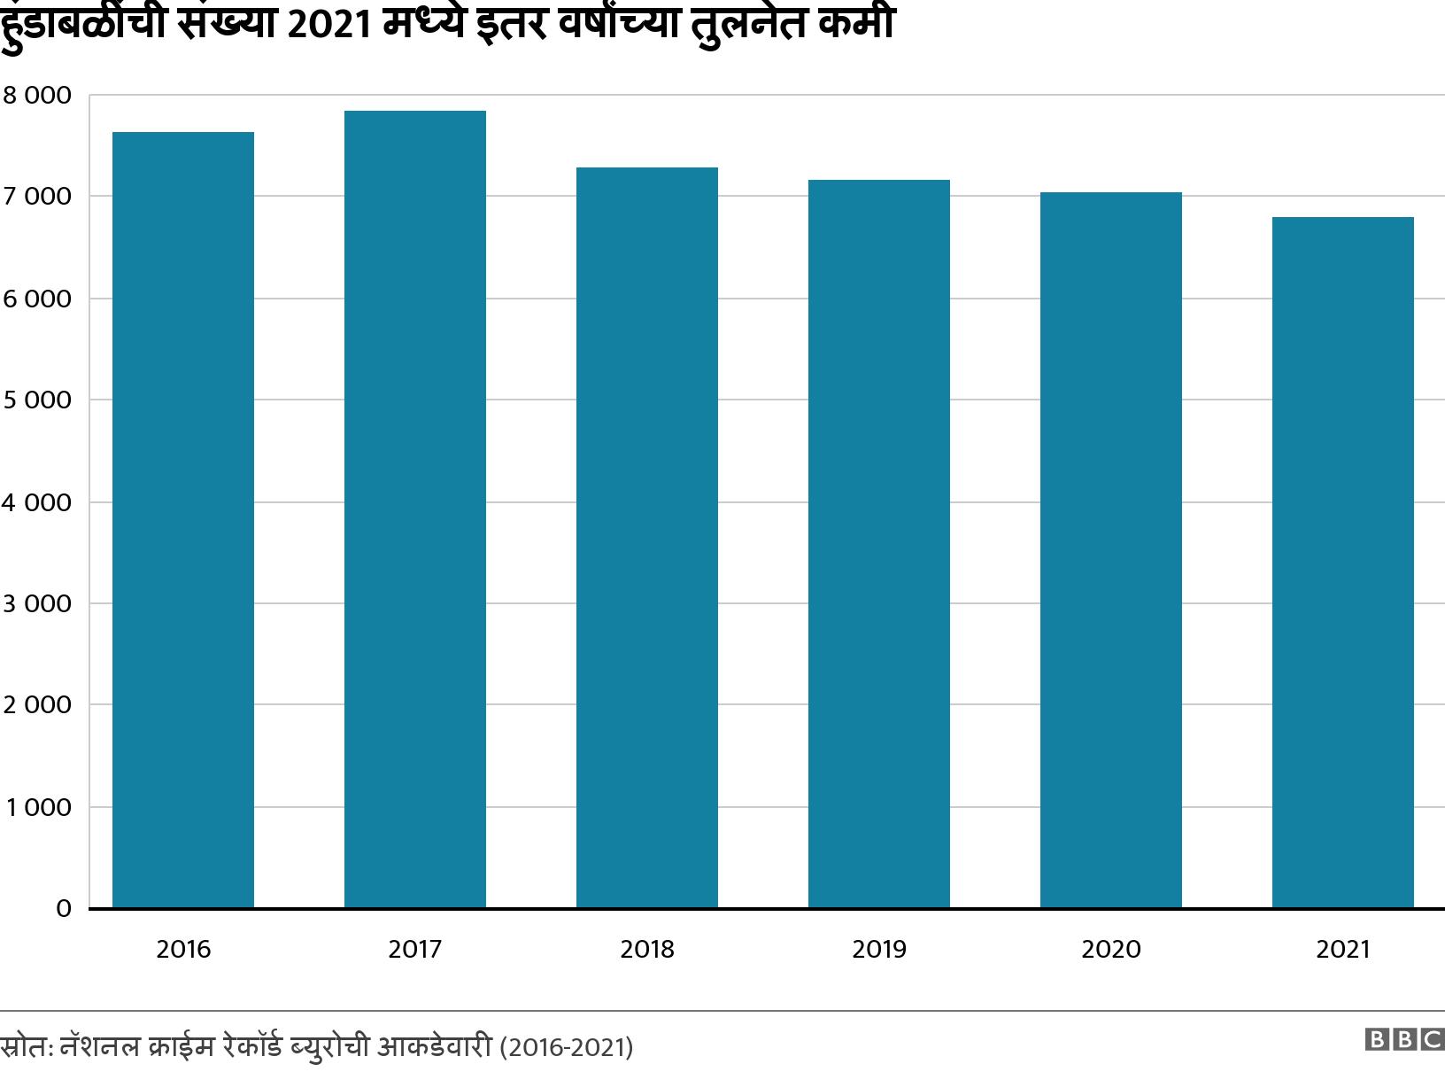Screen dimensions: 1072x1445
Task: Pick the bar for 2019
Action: click(x=879, y=544)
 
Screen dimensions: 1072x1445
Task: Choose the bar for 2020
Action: click(x=1111, y=550)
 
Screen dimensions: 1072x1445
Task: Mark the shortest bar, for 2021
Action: click(x=1343, y=563)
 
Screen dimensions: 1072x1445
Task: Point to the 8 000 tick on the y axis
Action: click(x=36, y=95)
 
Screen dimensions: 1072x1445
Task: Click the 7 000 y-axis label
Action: click(x=36, y=197)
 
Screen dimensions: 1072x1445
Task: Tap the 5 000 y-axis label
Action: click(x=36, y=400)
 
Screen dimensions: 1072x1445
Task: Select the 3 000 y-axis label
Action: click(x=36, y=604)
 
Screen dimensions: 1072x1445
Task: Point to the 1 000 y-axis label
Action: click(x=36, y=808)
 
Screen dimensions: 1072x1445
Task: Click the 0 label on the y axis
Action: click(x=63, y=909)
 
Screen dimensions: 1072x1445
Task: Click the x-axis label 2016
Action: click(x=183, y=950)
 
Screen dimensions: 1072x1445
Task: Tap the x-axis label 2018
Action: click(x=647, y=950)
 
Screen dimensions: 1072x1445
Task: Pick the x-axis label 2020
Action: click(x=1111, y=950)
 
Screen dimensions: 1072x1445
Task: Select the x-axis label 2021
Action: click(x=1343, y=950)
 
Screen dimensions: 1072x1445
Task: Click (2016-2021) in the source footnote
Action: click(x=567, y=1047)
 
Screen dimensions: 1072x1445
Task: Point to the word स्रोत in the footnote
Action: click(x=24, y=1047)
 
